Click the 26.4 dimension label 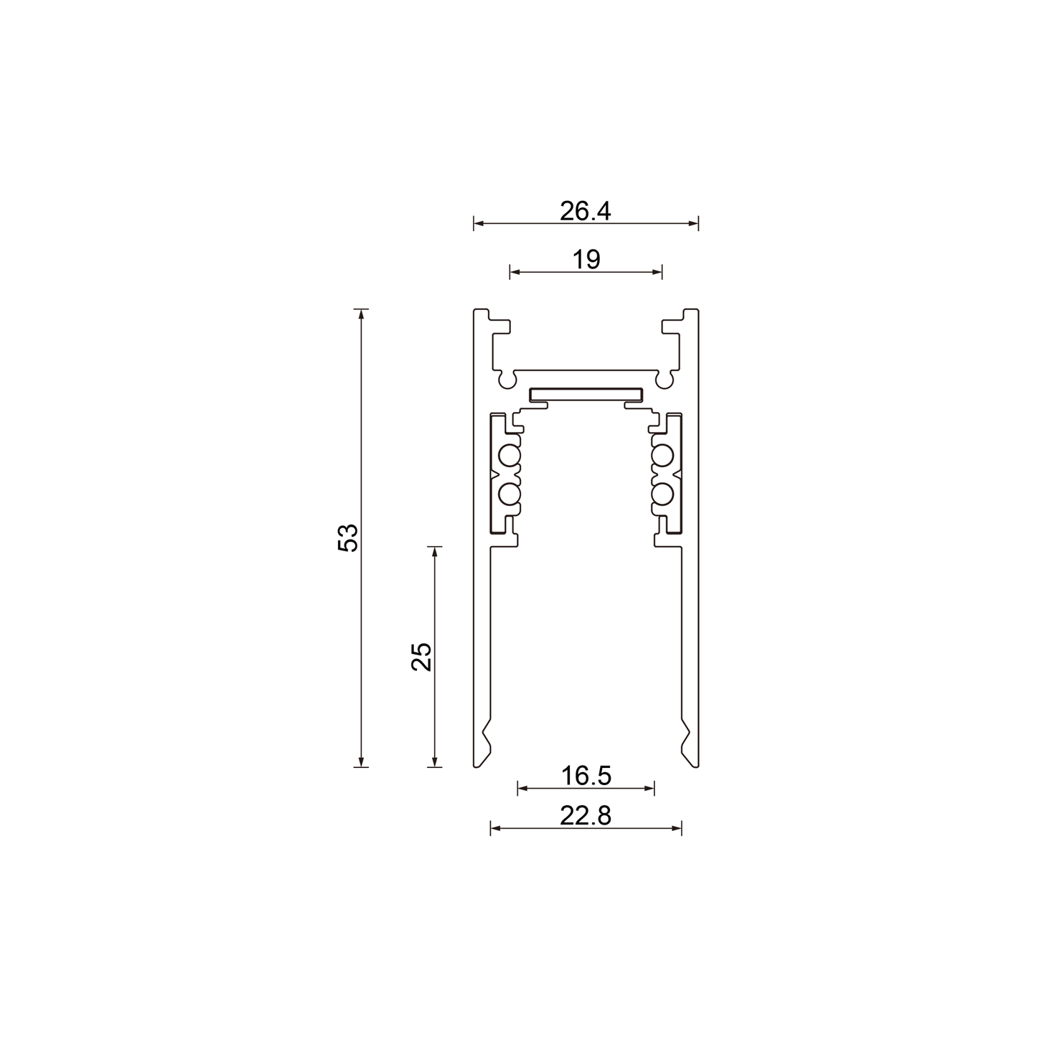pos(585,211)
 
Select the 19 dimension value pos(586,260)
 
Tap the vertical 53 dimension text pos(347,537)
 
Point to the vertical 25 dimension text pos(421,657)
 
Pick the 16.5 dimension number pos(586,776)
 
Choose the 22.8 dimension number pos(586,816)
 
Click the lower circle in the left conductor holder pos(509,494)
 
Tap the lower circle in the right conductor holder pos(663,494)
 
